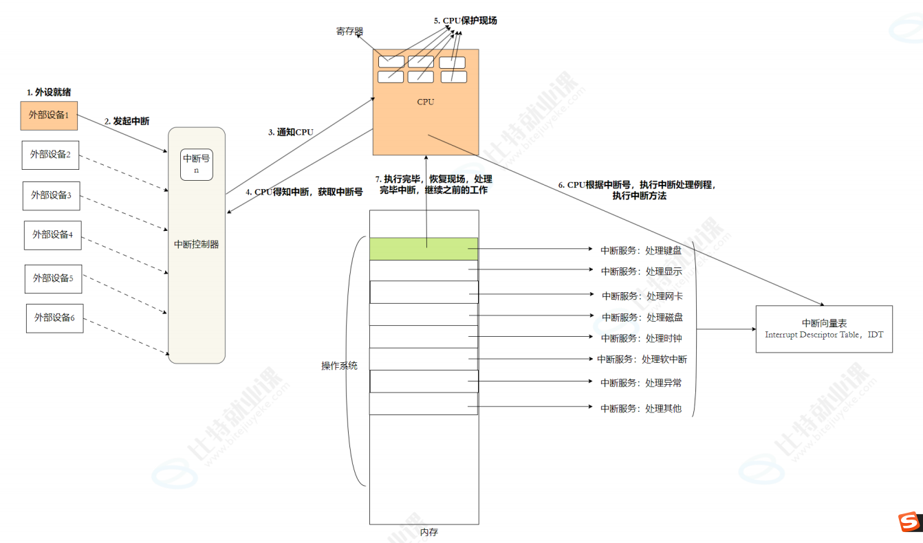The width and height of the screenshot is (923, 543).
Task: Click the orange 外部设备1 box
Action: pos(49,115)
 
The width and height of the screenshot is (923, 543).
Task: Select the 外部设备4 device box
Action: pos(52,235)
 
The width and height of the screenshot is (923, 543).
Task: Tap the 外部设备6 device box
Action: pos(54,318)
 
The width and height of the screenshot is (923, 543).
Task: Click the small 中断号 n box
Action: pos(196,165)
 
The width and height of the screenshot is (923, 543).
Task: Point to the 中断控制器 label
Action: pos(197,244)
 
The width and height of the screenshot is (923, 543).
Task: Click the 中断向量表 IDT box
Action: pos(824,329)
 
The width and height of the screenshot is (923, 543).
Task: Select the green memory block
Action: pos(423,248)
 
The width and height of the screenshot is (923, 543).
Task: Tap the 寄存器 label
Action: pos(349,32)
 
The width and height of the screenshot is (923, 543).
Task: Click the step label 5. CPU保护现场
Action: pos(465,21)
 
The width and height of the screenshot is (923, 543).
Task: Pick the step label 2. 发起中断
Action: pos(127,121)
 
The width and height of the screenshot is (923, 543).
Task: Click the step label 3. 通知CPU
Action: pos(291,132)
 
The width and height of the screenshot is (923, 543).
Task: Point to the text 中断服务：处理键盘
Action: pos(641,251)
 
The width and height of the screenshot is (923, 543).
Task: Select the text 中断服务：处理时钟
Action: pos(642,338)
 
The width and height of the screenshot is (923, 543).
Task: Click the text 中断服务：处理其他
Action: pos(641,408)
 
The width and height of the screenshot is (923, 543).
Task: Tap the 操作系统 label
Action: pos(339,366)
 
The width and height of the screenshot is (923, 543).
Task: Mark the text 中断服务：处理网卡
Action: pos(642,296)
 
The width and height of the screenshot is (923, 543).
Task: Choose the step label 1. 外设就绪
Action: pos(49,92)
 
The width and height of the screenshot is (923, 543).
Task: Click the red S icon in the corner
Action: pos(909,522)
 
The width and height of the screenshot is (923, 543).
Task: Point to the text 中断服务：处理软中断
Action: pos(642,359)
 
